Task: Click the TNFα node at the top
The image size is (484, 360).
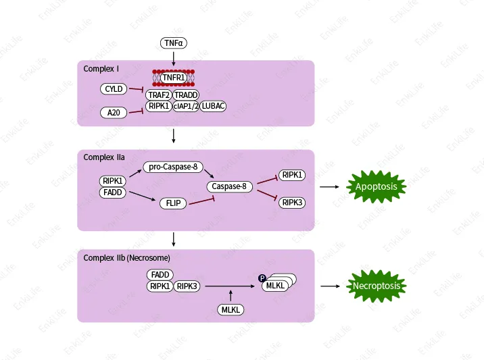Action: coord(174,43)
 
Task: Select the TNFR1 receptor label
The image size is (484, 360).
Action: coord(174,78)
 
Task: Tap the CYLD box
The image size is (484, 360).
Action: coord(113,89)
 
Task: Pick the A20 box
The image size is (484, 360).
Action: coord(113,112)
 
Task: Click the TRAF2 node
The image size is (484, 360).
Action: coord(158,95)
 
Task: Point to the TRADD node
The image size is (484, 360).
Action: coord(186,95)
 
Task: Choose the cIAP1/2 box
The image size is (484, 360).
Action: coord(186,106)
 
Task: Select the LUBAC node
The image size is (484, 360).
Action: coord(213,106)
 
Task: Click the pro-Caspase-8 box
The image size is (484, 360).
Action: coord(174,167)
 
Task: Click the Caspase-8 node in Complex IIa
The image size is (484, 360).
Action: coord(228,186)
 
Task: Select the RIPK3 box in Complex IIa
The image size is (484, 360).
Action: coord(292,203)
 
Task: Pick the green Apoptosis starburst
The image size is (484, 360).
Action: coord(377,186)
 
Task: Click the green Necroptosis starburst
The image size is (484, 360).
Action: coord(377,286)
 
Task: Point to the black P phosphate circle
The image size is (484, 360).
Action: coord(262,278)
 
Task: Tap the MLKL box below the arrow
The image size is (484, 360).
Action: coord(231,309)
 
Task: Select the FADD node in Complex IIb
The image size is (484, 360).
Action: coord(160,275)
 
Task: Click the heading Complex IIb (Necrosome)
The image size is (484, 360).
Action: coord(126,258)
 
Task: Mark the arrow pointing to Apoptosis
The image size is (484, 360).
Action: coord(330,186)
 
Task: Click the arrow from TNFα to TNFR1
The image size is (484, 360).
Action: coord(174,57)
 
